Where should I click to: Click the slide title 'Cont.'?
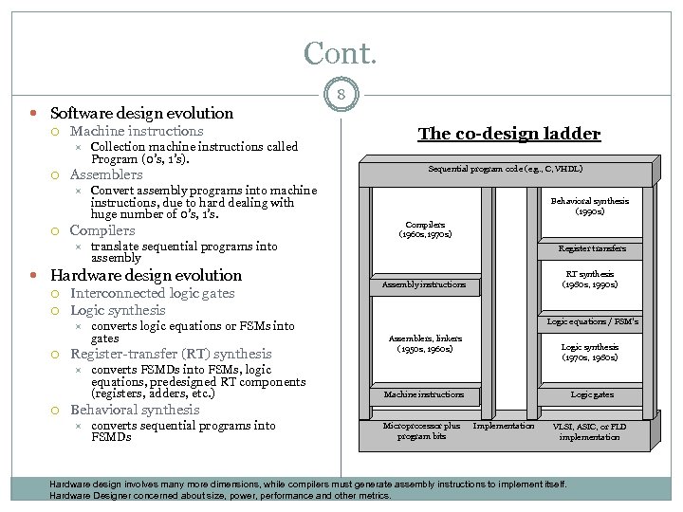point(340,52)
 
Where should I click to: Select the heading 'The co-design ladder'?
point(509,134)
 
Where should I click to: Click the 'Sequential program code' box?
point(506,169)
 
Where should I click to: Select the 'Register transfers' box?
point(592,248)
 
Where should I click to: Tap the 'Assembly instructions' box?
point(424,284)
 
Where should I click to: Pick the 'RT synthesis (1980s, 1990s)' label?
point(590,280)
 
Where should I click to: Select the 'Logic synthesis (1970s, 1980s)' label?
point(590,353)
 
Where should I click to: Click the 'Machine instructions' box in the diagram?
point(424,394)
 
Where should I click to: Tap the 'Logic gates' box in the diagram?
point(592,394)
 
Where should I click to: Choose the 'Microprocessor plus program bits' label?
point(421,430)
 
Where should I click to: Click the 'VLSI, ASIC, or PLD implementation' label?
point(590,430)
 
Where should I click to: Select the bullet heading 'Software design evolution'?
point(141,113)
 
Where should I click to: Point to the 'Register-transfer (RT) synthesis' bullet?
point(171,354)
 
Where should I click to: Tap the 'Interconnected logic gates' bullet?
point(152,293)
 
